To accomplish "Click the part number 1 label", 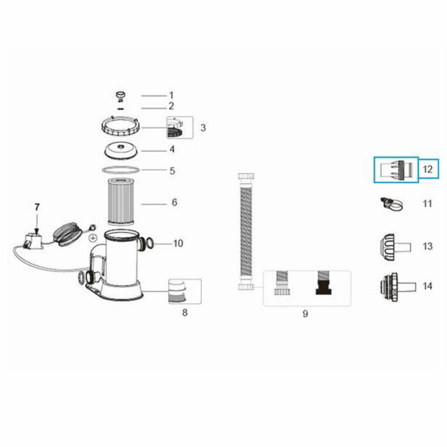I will [x=171, y=95].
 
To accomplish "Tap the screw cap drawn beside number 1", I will [x=121, y=96].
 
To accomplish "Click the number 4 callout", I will [x=171, y=150].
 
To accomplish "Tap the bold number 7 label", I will [x=36, y=207].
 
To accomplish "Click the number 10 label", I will [x=178, y=243].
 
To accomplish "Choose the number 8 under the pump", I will [x=185, y=313].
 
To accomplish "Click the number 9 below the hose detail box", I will [x=305, y=314].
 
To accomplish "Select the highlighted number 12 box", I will [x=427, y=170].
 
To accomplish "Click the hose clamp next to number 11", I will [x=391, y=204].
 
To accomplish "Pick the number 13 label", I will [x=427, y=246].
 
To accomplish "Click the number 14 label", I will [x=427, y=287].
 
